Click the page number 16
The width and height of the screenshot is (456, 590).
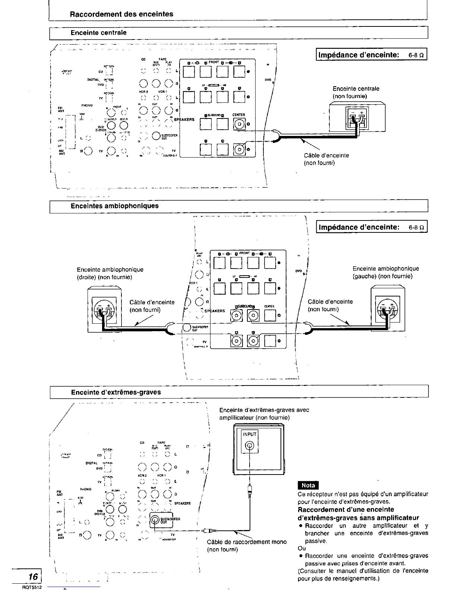point(33,577)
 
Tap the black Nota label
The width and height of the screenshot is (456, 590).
point(308,485)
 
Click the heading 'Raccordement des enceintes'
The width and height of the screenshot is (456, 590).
point(122,14)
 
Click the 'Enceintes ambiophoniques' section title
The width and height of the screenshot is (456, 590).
point(115,206)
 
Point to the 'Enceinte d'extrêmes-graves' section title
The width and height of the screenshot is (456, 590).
point(116,392)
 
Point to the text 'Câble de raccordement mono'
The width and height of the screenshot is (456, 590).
point(247,542)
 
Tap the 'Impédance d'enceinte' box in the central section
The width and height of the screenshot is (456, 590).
point(371,55)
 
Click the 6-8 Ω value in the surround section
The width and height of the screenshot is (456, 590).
point(417,227)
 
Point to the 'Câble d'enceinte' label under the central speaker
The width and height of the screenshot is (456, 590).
point(326,155)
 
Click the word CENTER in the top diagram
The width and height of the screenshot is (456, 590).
point(238,115)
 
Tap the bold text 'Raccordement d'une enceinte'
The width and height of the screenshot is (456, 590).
point(346,510)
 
